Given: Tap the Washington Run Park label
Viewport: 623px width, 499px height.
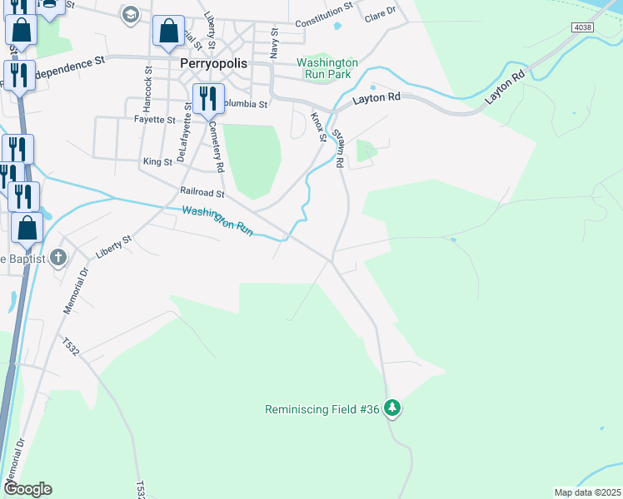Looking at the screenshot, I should (327, 68).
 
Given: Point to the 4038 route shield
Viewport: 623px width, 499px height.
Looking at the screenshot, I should (582, 27).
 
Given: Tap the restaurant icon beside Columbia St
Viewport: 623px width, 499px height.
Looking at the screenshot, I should (207, 99).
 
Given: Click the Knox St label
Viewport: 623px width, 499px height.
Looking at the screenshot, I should (317, 126).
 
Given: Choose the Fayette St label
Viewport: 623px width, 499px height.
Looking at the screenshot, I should (154, 120).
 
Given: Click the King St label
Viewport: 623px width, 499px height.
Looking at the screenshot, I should (157, 161).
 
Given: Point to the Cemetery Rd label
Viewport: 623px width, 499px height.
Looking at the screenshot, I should (217, 147).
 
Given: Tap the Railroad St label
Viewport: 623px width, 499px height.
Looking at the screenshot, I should (202, 192).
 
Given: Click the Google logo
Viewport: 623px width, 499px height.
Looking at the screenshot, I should (27, 489).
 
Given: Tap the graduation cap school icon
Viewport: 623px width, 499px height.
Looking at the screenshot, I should (130, 13).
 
